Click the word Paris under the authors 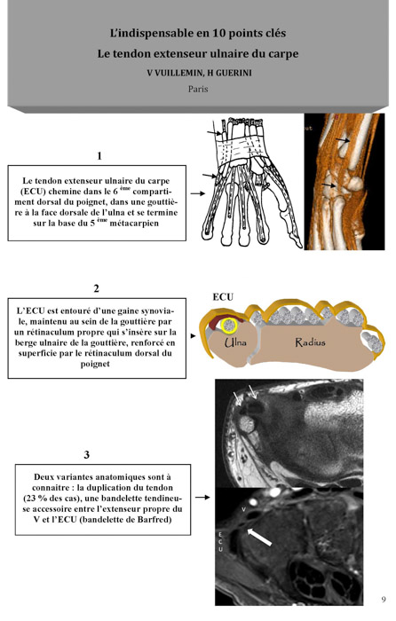click(x=198, y=89)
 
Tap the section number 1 click(x=99, y=155)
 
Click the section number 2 click(x=96, y=288)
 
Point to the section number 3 click(x=86, y=454)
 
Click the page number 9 click(x=384, y=599)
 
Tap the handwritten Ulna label click(x=235, y=342)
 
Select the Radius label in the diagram click(x=310, y=342)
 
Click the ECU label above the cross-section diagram click(x=223, y=297)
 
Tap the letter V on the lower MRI click(x=244, y=510)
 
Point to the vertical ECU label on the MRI click(x=220, y=542)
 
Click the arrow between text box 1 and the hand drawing click(x=198, y=193)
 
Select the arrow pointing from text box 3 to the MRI click(x=202, y=497)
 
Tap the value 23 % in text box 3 click(x=34, y=499)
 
